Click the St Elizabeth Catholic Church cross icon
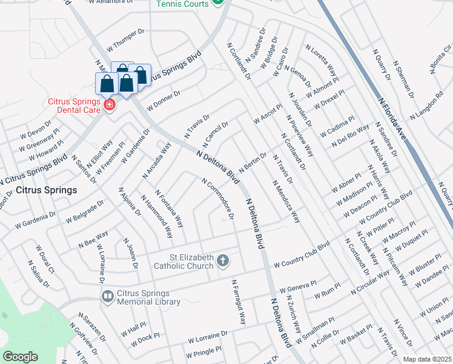(223, 261)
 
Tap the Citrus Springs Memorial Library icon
(107, 297)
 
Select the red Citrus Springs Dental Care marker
(110, 106)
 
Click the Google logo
(21, 356)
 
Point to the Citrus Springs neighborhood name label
(47, 190)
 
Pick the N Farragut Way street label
(239, 302)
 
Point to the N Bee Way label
(93, 237)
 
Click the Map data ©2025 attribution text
(427, 359)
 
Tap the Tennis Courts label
(182, 4)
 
